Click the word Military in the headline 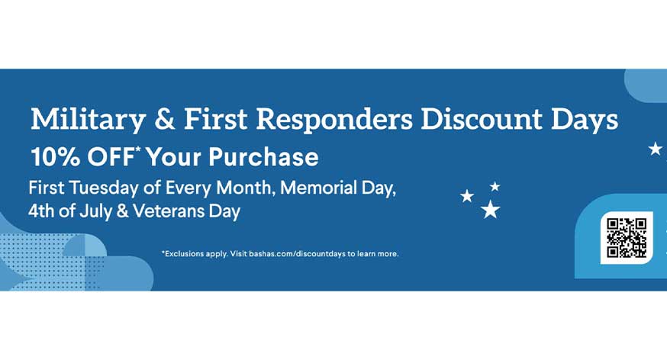tap(88, 120)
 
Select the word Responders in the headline tap(334, 120)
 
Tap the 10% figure tap(55, 156)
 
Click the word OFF tap(111, 156)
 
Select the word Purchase tap(263, 156)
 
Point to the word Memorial tap(318, 188)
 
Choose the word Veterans tap(169, 211)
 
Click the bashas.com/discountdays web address tap(297, 254)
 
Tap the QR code tap(627, 238)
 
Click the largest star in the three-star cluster tap(491, 210)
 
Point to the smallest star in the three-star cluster tap(495, 186)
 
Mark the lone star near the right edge tap(656, 149)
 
